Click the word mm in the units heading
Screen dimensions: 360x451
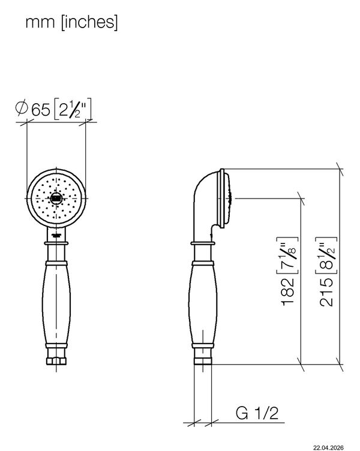click(40, 23)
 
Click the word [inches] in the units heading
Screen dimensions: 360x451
click(89, 22)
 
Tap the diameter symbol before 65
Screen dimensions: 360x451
click(22, 108)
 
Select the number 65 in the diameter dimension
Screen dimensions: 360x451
click(41, 109)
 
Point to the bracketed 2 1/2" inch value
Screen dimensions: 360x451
click(73, 109)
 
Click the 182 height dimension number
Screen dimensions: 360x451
click(288, 292)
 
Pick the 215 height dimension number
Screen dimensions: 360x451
click(326, 292)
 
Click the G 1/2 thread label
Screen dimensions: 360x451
click(257, 413)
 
